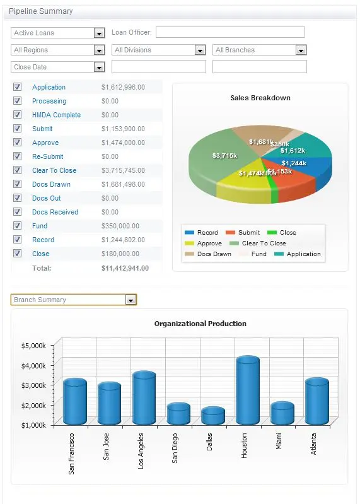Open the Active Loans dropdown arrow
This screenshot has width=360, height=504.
[x=99, y=33]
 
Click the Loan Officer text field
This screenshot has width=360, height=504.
[x=230, y=32]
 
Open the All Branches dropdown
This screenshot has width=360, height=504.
[x=301, y=50]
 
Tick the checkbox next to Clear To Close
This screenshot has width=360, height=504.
[x=18, y=170]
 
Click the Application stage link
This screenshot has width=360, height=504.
[x=49, y=87]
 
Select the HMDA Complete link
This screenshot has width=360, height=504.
[x=56, y=115]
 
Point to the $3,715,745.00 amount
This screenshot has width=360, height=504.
[x=123, y=170]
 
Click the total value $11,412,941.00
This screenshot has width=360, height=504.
[x=125, y=268]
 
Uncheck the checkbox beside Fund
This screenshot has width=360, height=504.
[x=18, y=226]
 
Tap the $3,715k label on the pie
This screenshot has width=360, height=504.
[x=224, y=155]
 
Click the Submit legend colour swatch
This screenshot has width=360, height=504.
[x=230, y=233]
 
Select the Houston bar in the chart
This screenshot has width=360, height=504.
[x=247, y=391]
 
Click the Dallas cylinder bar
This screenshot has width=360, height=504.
[x=213, y=416]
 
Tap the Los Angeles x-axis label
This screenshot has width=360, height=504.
[x=141, y=450]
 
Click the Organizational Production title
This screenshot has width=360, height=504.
[x=200, y=324]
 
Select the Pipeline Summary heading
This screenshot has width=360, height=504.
[x=40, y=11]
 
